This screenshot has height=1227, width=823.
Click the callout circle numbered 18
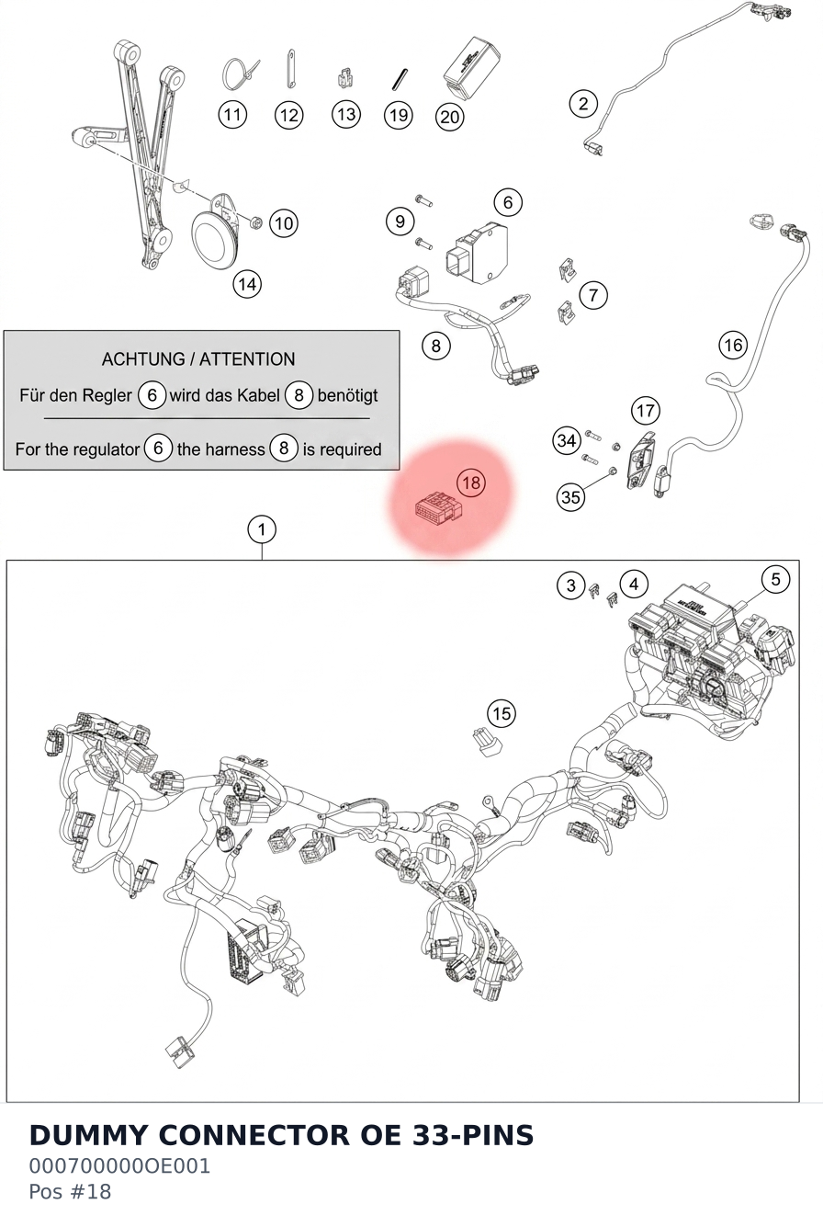471,483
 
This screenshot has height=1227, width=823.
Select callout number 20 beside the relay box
449,118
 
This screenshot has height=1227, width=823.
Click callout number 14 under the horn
247,284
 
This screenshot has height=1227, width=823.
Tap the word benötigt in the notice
348,395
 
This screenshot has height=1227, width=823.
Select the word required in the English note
351,449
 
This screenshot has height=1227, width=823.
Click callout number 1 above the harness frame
262,529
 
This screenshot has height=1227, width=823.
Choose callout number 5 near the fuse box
775,580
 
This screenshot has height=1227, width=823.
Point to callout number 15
502,714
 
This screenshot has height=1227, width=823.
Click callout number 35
570,497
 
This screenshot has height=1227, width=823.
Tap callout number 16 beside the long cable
733,345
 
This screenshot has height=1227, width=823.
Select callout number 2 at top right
583,104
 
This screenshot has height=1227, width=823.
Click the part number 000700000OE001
119,1166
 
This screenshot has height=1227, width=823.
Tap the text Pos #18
70,1191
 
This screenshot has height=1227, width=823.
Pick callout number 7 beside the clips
593,295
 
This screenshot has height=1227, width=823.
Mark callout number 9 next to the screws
400,222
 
